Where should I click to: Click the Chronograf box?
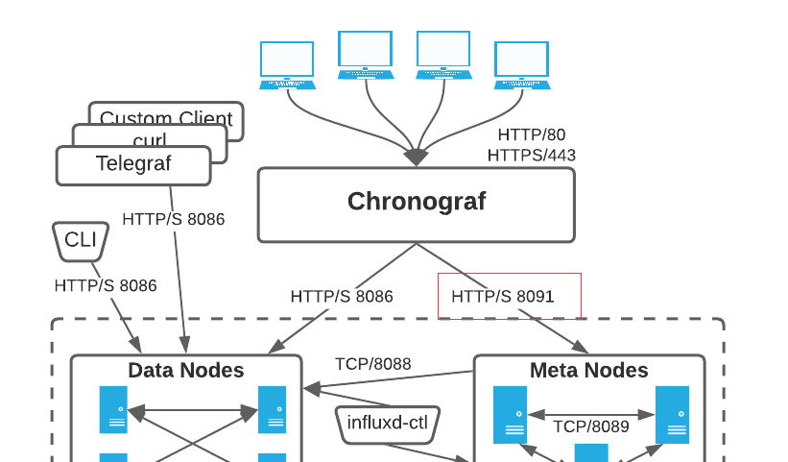pos(416,204)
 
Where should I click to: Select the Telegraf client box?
pos(133,164)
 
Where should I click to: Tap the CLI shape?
pos(80,240)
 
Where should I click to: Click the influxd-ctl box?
pos(387,422)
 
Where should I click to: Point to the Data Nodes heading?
pos(186,370)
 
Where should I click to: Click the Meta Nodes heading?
pos(588,370)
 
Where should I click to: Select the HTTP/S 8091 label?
pos(503,296)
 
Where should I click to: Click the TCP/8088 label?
pos(372,364)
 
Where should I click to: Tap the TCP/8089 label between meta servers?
pos(585,426)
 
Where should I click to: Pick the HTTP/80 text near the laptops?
pos(533,135)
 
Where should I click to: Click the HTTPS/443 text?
pos(531,155)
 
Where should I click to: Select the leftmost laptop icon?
pos(287,65)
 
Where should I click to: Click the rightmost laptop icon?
pos(522,65)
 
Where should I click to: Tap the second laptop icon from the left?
pos(365,56)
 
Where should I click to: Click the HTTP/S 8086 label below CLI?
pos(106,285)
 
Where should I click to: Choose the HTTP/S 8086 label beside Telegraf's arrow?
pos(174,219)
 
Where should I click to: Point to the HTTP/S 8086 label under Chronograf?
pos(342,296)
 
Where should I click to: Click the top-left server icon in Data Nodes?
pos(113,409)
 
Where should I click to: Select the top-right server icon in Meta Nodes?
pos(672,414)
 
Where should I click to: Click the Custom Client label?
pos(166,119)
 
